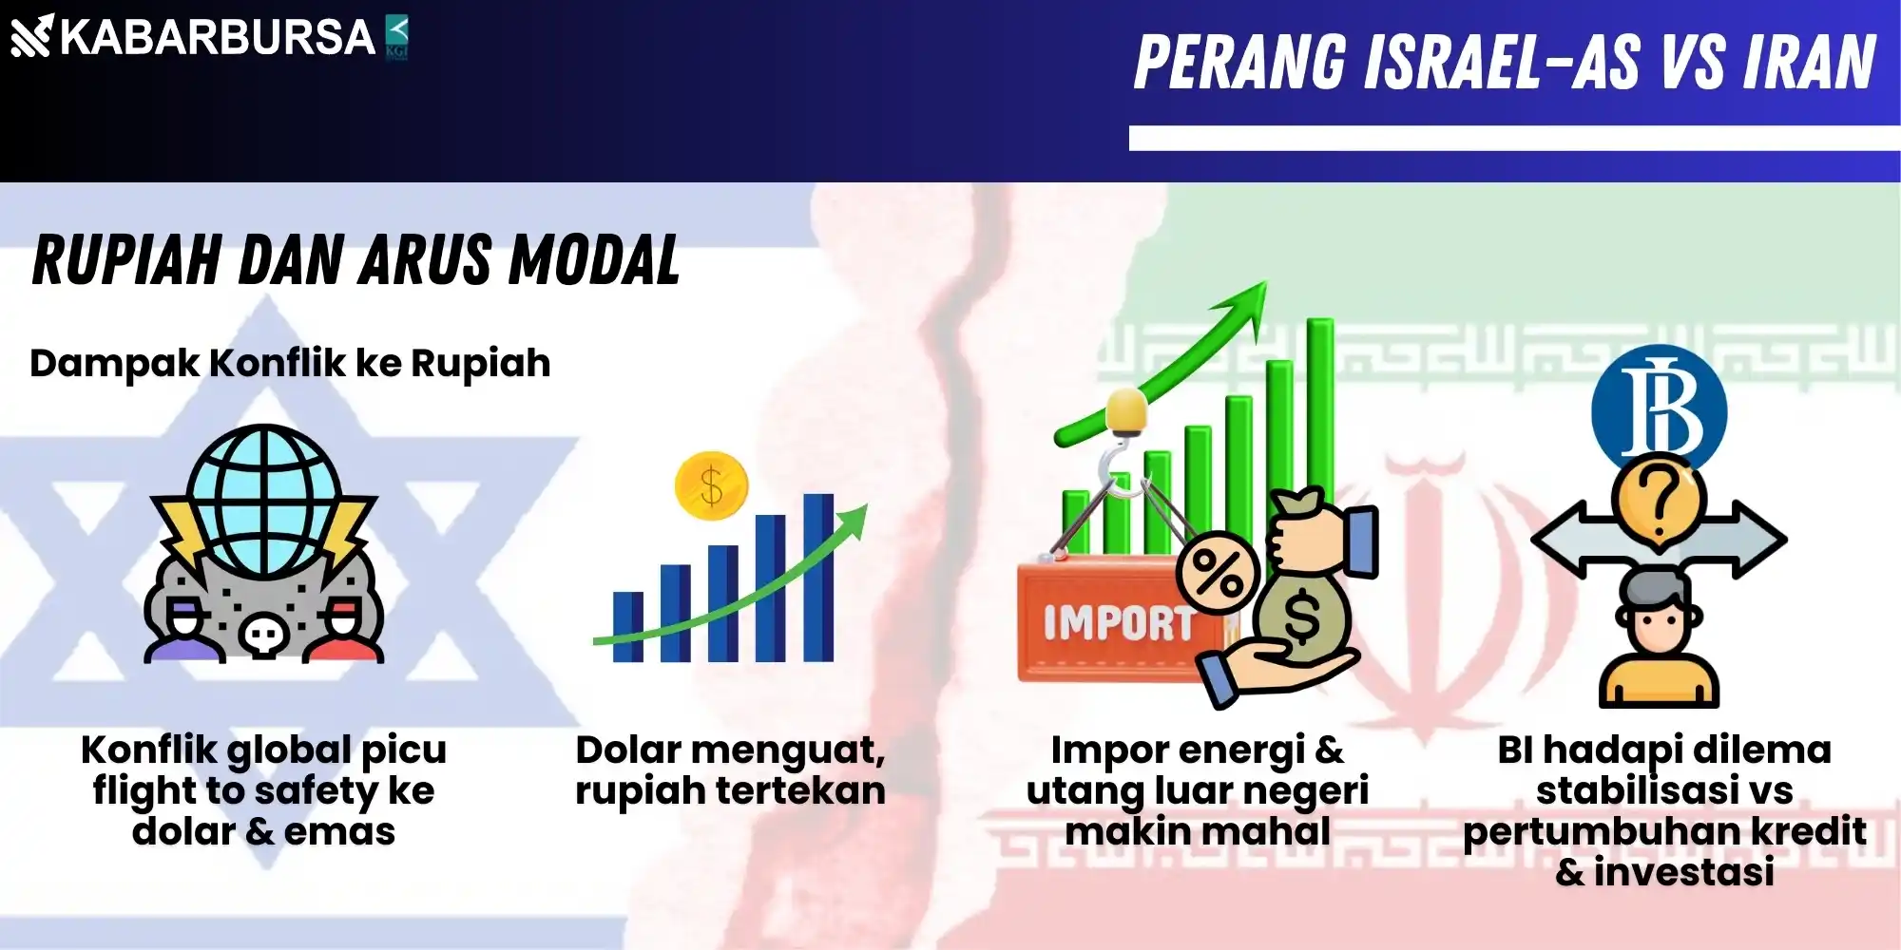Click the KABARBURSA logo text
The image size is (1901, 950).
tap(218, 38)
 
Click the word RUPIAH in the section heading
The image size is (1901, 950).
tap(126, 260)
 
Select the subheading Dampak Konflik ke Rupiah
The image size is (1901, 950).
tap(290, 364)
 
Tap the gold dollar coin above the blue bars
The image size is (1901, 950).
tap(711, 485)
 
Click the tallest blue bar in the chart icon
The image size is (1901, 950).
tap(817, 578)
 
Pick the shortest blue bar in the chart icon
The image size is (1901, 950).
tap(627, 627)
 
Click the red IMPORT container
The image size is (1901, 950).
tap(1117, 622)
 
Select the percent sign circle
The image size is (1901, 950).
tap(1218, 574)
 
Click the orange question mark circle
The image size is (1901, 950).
tap(1659, 502)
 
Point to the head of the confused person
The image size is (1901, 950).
tap(1659, 613)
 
